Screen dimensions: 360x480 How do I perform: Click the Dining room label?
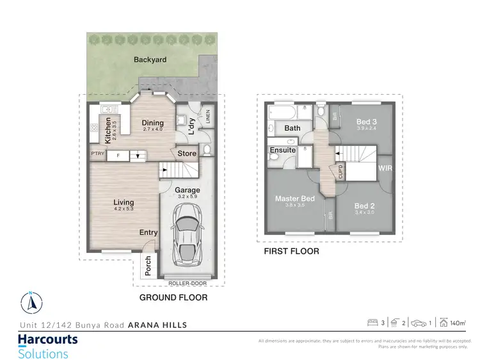153,123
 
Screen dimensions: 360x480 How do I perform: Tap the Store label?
187,153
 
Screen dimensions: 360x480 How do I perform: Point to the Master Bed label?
294,199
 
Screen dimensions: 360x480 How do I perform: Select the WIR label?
385,169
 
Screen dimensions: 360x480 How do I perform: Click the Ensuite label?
284,150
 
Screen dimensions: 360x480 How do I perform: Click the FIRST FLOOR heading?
291,252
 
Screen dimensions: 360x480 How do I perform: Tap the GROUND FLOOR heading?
173,298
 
